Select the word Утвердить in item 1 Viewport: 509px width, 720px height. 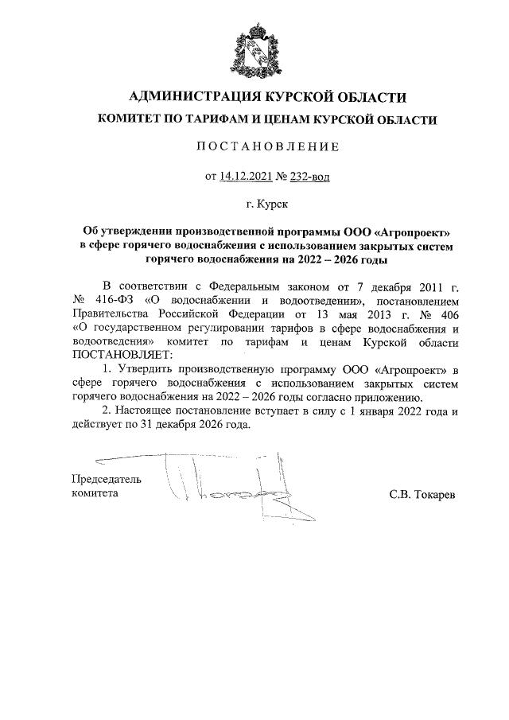click(142, 369)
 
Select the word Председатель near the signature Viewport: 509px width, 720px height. click(106, 480)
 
